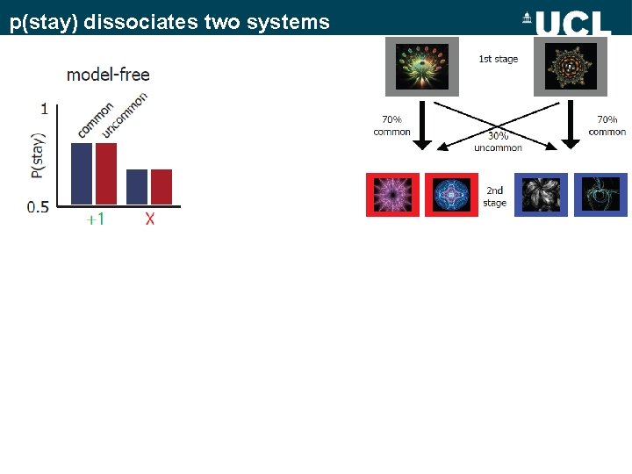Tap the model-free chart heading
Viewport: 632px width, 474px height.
point(108,75)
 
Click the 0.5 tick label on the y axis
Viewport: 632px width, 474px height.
point(38,207)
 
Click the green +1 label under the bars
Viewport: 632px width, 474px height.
point(95,219)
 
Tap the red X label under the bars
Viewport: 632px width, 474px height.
point(150,219)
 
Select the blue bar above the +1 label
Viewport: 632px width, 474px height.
point(81,174)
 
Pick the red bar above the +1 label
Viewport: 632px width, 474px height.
point(106,174)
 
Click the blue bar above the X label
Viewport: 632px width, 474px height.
point(137,187)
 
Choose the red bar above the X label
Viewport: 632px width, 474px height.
point(162,187)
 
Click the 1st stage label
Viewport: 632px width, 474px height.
point(498,60)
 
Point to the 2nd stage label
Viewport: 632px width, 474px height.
point(495,197)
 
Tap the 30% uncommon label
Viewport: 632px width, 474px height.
point(498,141)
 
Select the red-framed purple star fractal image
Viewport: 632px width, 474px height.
point(392,195)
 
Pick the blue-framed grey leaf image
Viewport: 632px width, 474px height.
point(541,195)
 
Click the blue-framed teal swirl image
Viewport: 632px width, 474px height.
point(601,195)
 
